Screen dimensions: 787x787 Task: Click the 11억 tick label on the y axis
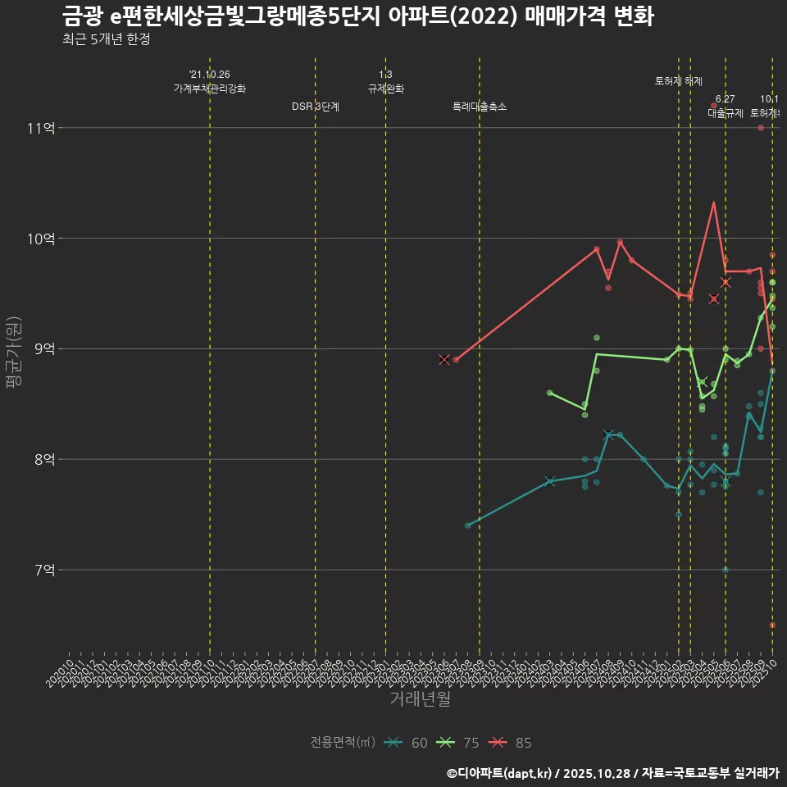tap(41, 128)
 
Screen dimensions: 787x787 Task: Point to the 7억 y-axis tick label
tap(44, 570)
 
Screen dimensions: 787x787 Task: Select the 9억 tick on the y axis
tap(44, 349)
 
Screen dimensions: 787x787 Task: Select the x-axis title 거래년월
tap(420, 699)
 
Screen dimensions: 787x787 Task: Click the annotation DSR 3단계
tap(316, 107)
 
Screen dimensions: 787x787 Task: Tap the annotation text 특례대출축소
tap(480, 107)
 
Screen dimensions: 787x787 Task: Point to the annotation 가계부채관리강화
tap(210, 89)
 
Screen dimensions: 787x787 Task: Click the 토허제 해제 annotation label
tap(679, 81)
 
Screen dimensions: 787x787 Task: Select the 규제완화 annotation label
tap(385, 89)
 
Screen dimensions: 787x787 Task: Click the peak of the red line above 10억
tap(714, 202)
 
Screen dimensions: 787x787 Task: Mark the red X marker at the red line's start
tap(444, 360)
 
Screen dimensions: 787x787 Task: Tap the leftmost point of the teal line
tap(467, 525)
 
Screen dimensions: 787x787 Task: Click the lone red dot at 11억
tap(761, 128)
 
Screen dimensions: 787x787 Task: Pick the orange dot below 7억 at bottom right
tap(772, 626)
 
